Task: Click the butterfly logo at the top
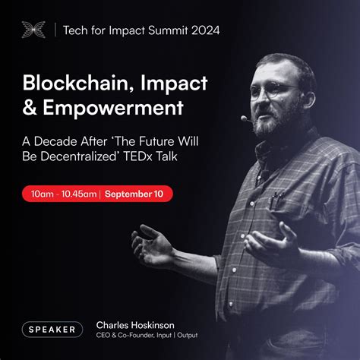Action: (34, 30)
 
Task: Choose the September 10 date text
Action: (134, 194)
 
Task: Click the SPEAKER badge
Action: (52, 329)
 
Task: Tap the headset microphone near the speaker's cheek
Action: (245, 118)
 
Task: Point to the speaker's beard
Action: (276, 122)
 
